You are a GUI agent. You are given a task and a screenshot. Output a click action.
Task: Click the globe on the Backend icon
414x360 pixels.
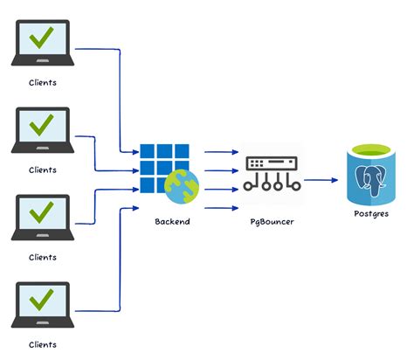[x=183, y=185]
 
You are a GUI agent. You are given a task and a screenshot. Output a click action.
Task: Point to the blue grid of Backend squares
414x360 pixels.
[x=162, y=163]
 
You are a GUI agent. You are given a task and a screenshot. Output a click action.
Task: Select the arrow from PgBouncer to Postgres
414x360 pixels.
[x=321, y=181]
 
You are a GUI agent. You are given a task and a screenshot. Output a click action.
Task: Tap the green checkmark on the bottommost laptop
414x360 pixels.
[x=41, y=301]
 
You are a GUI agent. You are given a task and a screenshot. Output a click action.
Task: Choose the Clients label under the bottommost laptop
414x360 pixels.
[x=42, y=343]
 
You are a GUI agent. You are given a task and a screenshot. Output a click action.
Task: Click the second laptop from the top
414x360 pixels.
[x=41, y=131]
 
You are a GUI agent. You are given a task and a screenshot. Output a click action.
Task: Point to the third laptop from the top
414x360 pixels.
[x=41, y=218]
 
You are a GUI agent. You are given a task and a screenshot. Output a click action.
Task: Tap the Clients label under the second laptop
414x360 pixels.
[x=42, y=170]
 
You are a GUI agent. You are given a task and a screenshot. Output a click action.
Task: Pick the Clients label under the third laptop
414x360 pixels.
[x=42, y=257]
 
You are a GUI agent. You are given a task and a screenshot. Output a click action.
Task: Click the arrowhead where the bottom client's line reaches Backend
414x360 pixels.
[x=135, y=208]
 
